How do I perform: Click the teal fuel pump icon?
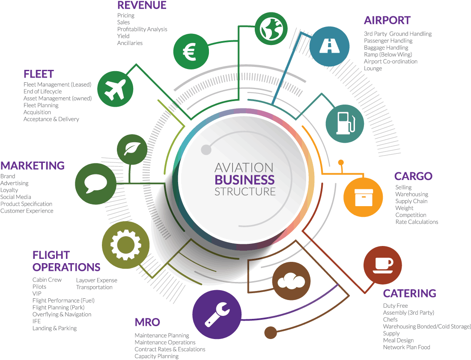[x=345, y=123]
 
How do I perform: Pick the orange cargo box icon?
[x=363, y=197]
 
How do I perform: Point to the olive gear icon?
[x=122, y=244]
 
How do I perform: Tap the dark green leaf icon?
[x=132, y=149]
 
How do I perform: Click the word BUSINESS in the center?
[x=244, y=180]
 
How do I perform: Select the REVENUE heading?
[x=142, y=6]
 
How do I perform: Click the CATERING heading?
[x=409, y=294]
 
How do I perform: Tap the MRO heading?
[x=147, y=322]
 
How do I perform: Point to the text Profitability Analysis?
[x=142, y=29]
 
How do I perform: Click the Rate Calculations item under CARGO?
[x=417, y=222]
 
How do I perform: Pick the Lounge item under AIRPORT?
[x=373, y=69]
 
